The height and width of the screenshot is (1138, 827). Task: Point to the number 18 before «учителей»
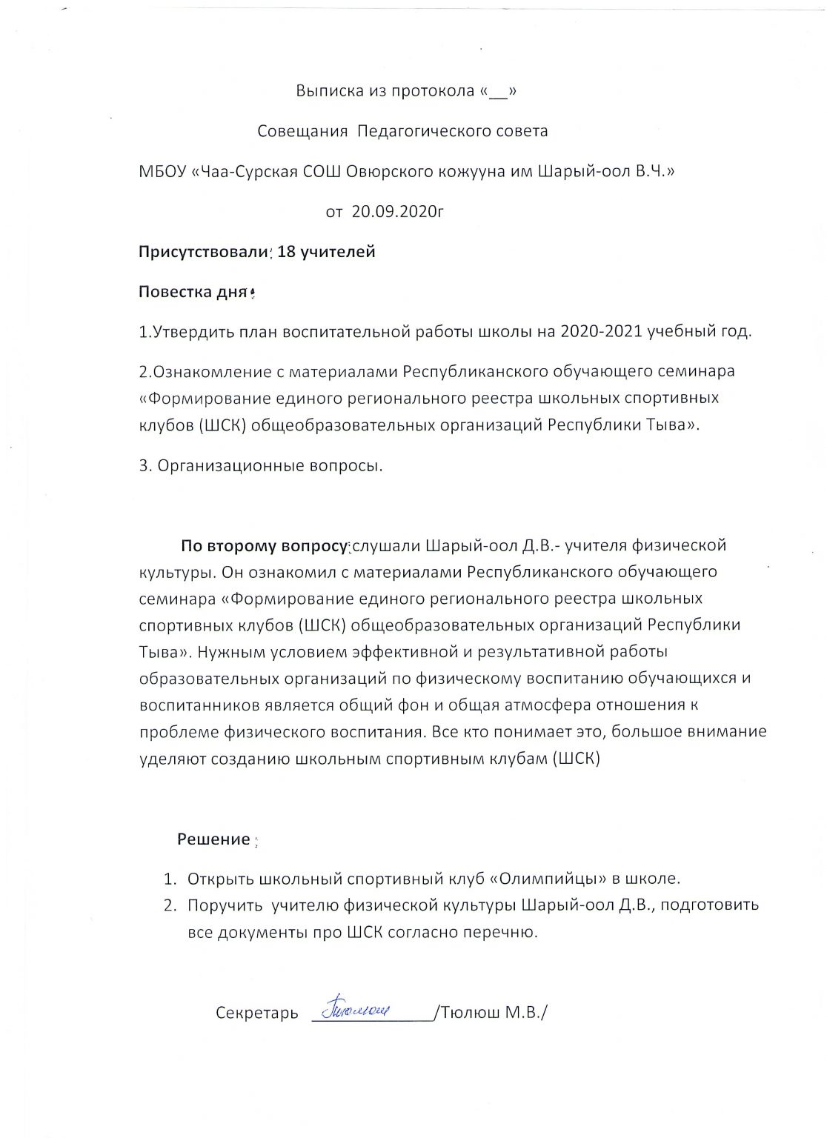coord(286,252)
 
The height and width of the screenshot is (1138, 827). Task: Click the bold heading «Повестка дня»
coord(192,292)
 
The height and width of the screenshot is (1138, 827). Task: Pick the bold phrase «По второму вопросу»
coord(264,547)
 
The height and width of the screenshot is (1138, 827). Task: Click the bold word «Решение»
coord(213,839)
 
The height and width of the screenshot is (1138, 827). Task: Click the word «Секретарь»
coord(256,1014)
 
